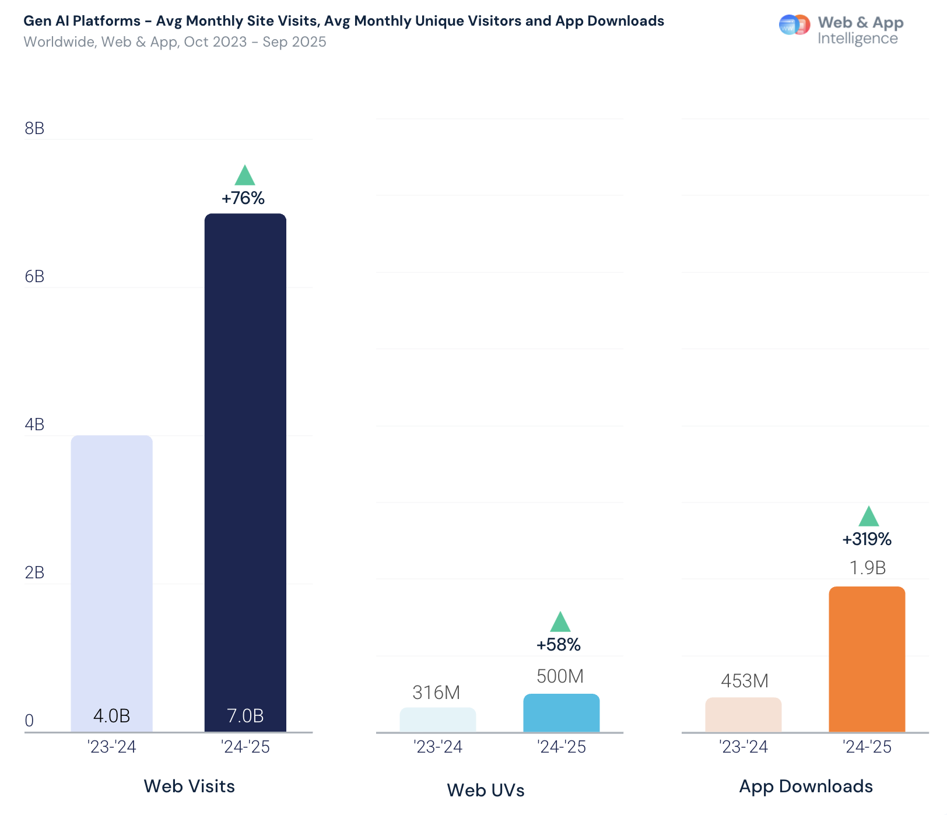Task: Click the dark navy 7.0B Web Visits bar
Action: [245, 472]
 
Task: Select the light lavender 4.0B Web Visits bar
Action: [111, 583]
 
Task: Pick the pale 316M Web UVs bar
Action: [437, 720]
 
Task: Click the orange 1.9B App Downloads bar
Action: [867, 659]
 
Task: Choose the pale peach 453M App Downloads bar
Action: [743, 715]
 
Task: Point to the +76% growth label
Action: [243, 198]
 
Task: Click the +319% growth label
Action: [867, 539]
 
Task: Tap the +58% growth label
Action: [559, 645]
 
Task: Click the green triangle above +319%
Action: [868, 517]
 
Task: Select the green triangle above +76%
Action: [245, 175]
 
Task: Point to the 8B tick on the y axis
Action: [34, 128]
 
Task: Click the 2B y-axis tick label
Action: [34, 572]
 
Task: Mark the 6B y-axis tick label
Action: [34, 276]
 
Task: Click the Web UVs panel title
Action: [486, 790]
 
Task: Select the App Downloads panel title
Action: [806, 786]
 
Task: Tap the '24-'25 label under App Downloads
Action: [867, 747]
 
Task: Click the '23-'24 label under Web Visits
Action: [111, 747]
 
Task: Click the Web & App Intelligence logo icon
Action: [794, 25]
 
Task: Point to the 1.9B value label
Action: [867, 568]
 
